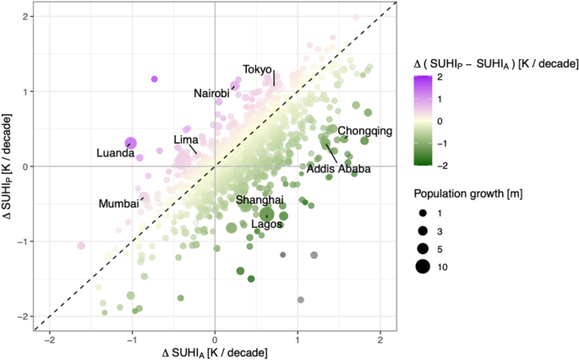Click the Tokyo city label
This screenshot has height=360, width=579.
[257, 69]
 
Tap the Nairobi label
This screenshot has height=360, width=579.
[211, 93]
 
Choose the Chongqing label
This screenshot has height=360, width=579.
[365, 131]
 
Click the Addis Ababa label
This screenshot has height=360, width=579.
[338, 169]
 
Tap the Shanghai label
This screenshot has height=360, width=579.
[259, 200]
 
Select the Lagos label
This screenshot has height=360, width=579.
[266, 224]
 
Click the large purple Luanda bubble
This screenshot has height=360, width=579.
[131, 144]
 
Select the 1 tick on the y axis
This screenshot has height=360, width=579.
[29, 91]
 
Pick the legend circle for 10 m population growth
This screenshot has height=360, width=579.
[422, 268]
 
